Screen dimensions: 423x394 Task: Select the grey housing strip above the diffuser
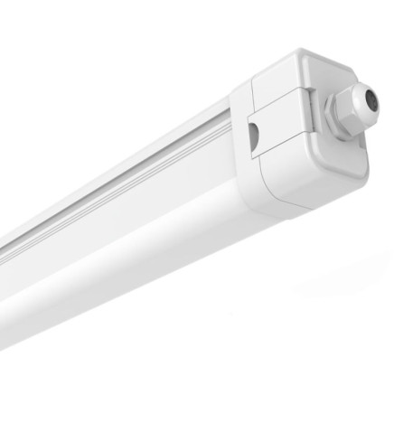click(136, 176)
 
